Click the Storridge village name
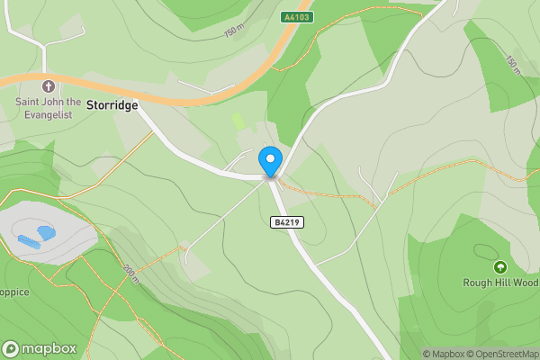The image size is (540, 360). pos(112,105)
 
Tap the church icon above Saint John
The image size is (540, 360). pos(49,86)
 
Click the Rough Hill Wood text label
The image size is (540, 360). pos(500,283)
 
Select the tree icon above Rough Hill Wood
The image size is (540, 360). pos(499,266)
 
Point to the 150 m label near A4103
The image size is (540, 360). pos(234,32)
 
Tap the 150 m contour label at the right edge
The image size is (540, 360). pos(511,65)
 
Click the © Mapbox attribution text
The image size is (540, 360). pos(443,355)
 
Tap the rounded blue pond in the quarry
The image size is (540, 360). pos(46,232)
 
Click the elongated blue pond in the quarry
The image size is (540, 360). pos(27,242)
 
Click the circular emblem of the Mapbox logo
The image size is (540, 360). pos(11,348)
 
